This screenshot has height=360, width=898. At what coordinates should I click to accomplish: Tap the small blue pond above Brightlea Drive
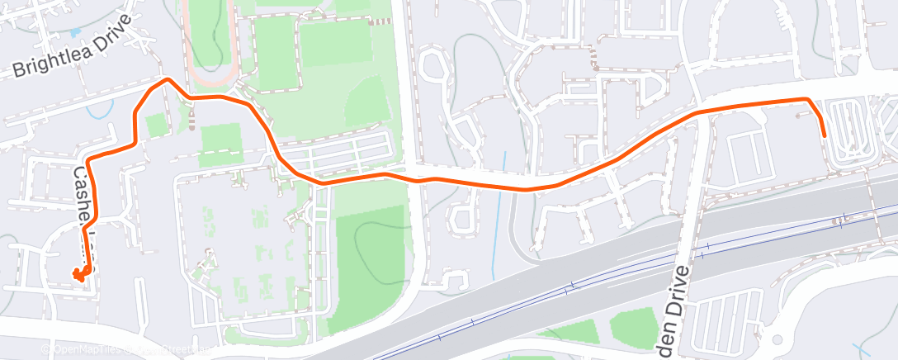tap(76, 32)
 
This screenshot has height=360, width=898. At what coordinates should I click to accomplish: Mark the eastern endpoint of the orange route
tap(824, 135)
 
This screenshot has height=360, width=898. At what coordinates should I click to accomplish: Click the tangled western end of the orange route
tap(80, 274)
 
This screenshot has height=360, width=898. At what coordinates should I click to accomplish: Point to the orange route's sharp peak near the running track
tap(168, 79)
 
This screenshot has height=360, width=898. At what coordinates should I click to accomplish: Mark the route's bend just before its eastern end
tap(807, 99)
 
